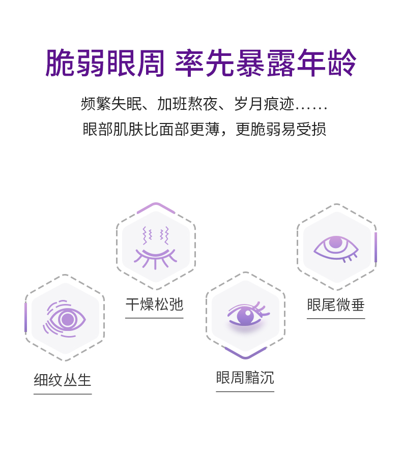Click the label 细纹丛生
(63, 380)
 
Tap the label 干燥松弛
(154, 305)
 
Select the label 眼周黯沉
(245, 378)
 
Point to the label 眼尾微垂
(336, 305)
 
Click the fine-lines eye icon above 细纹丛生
(65, 319)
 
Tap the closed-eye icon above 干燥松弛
(155, 248)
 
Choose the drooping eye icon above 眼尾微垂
(336, 248)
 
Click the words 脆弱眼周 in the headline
(105, 63)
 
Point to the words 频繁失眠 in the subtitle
(110, 104)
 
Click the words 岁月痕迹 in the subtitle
(264, 104)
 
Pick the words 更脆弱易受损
(281, 129)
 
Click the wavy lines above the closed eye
(155, 235)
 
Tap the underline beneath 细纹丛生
(63, 393)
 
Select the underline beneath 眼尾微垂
(336, 319)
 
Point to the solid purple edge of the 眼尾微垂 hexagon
(376, 248)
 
